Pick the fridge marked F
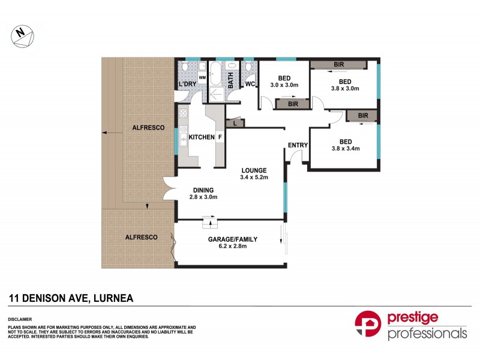tap(220, 137)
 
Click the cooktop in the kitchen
tap(184, 114)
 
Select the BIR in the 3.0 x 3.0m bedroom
tap(293, 104)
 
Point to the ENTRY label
tap(297, 145)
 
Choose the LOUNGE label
tap(254, 170)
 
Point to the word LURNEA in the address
tap(112, 298)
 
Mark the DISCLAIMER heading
tap(20, 319)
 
